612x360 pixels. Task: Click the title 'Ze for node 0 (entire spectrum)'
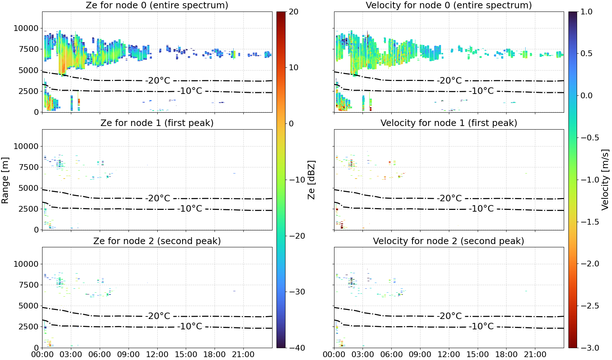[x=157, y=5]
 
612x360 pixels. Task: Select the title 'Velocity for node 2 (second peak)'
[x=448, y=241]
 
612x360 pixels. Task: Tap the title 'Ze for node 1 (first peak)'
[x=157, y=123]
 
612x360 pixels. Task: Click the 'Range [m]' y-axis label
[x=5, y=180]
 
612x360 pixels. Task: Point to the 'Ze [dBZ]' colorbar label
[x=311, y=180]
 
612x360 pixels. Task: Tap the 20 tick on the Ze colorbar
[x=293, y=12]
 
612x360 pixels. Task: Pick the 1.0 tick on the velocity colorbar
[x=586, y=12]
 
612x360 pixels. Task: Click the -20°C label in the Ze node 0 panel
[x=158, y=81]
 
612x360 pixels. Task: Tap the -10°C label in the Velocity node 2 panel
[x=481, y=326]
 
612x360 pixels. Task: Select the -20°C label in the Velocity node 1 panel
[x=449, y=198]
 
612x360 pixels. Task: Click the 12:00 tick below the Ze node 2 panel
[x=157, y=355]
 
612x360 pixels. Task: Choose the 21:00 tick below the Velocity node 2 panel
[x=535, y=355]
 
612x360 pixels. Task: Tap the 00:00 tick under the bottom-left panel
[x=42, y=355]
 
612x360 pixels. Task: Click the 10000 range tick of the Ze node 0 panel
[x=26, y=28]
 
